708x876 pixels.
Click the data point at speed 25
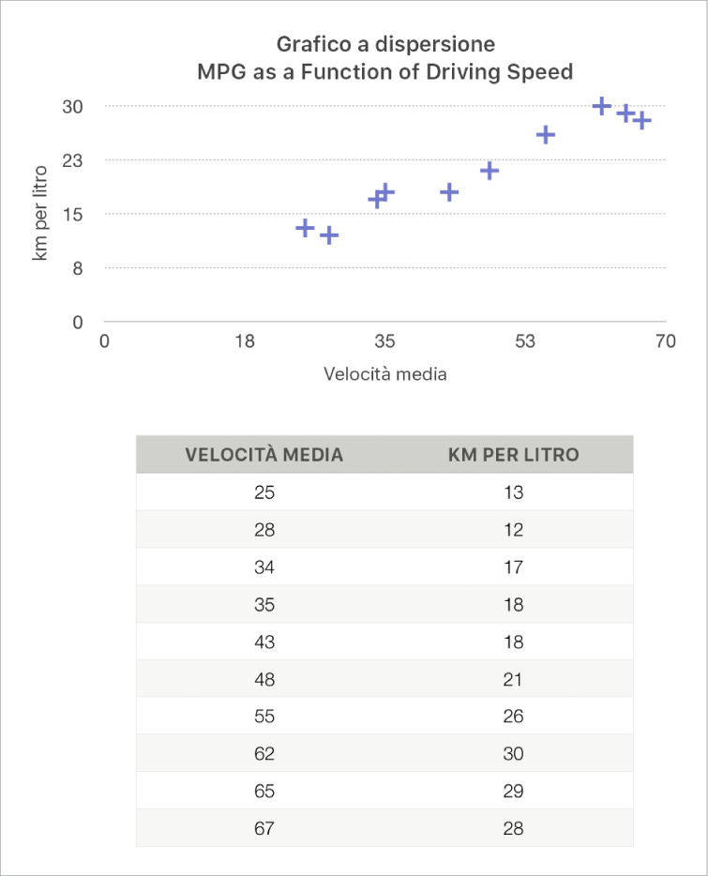tap(305, 228)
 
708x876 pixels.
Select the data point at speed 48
tap(489, 171)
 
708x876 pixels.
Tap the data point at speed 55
tap(545, 135)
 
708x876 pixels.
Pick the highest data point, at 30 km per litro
tap(602, 106)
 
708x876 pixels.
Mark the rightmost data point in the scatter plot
tap(641, 120)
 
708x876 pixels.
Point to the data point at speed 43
tap(449, 192)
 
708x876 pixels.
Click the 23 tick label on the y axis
tap(73, 160)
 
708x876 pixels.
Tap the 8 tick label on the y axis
tap(79, 268)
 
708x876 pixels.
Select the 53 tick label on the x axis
tap(524, 341)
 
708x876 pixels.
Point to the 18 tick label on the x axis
tap(245, 341)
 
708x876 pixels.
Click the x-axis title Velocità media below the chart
tap(384, 374)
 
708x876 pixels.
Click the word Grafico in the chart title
tap(309, 44)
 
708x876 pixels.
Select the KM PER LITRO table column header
tap(513, 455)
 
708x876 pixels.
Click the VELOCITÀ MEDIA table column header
tap(264, 455)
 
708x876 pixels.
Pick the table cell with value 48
tap(264, 679)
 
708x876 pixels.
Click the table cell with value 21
tap(513, 679)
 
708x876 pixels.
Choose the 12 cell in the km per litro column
tap(513, 530)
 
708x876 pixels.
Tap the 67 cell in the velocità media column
tap(264, 829)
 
